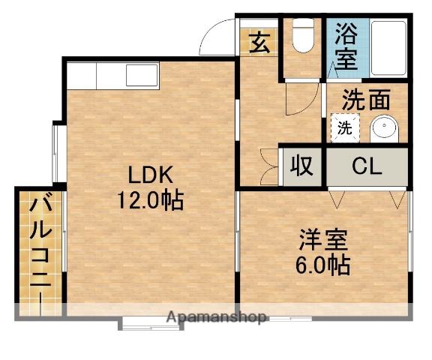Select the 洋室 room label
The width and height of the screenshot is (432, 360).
325,241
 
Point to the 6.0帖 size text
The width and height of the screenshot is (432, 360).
325,264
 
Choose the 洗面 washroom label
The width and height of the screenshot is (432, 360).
367,98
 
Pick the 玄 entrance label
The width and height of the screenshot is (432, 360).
259,42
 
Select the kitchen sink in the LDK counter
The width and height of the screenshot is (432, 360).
140,76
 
